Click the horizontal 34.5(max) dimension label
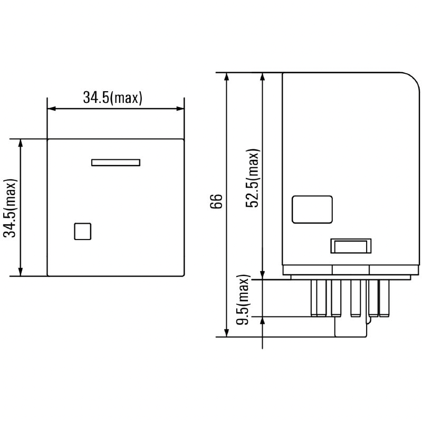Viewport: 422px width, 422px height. pyautogui.click(x=112, y=98)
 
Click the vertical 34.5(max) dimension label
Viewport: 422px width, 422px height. pyautogui.click(x=10, y=208)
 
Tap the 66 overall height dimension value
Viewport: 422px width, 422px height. pyautogui.click(x=216, y=201)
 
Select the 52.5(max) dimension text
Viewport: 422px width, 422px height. pyautogui.click(x=253, y=178)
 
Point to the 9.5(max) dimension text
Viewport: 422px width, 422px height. pyautogui.click(x=243, y=300)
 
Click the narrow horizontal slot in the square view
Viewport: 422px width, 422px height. pyautogui.click(x=116, y=162)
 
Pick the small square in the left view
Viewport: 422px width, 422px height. pyautogui.click(x=83, y=232)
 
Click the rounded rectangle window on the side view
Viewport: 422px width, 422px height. pyautogui.click(x=312, y=209)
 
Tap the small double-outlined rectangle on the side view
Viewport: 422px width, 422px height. pyautogui.click(x=351, y=246)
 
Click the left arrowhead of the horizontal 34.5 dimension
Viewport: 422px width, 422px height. pyautogui.click(x=51, y=109)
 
